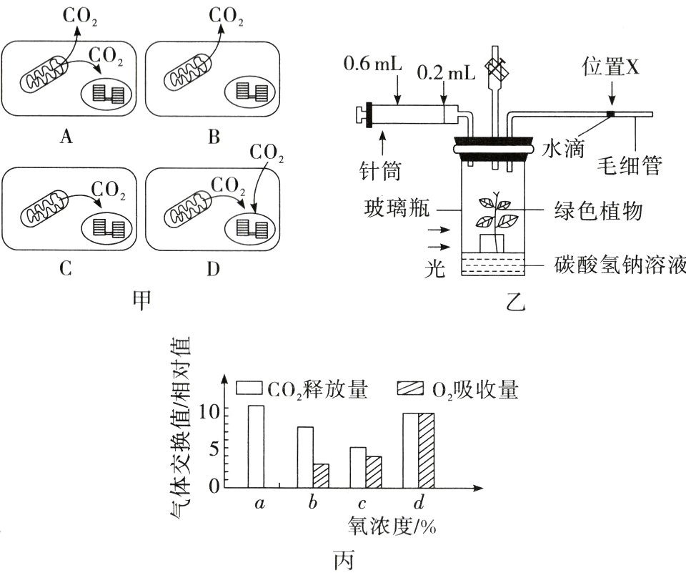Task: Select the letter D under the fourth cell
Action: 213,270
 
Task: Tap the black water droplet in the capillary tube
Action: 610,114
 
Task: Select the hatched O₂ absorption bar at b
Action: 320,475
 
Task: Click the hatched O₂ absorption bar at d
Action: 426,450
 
